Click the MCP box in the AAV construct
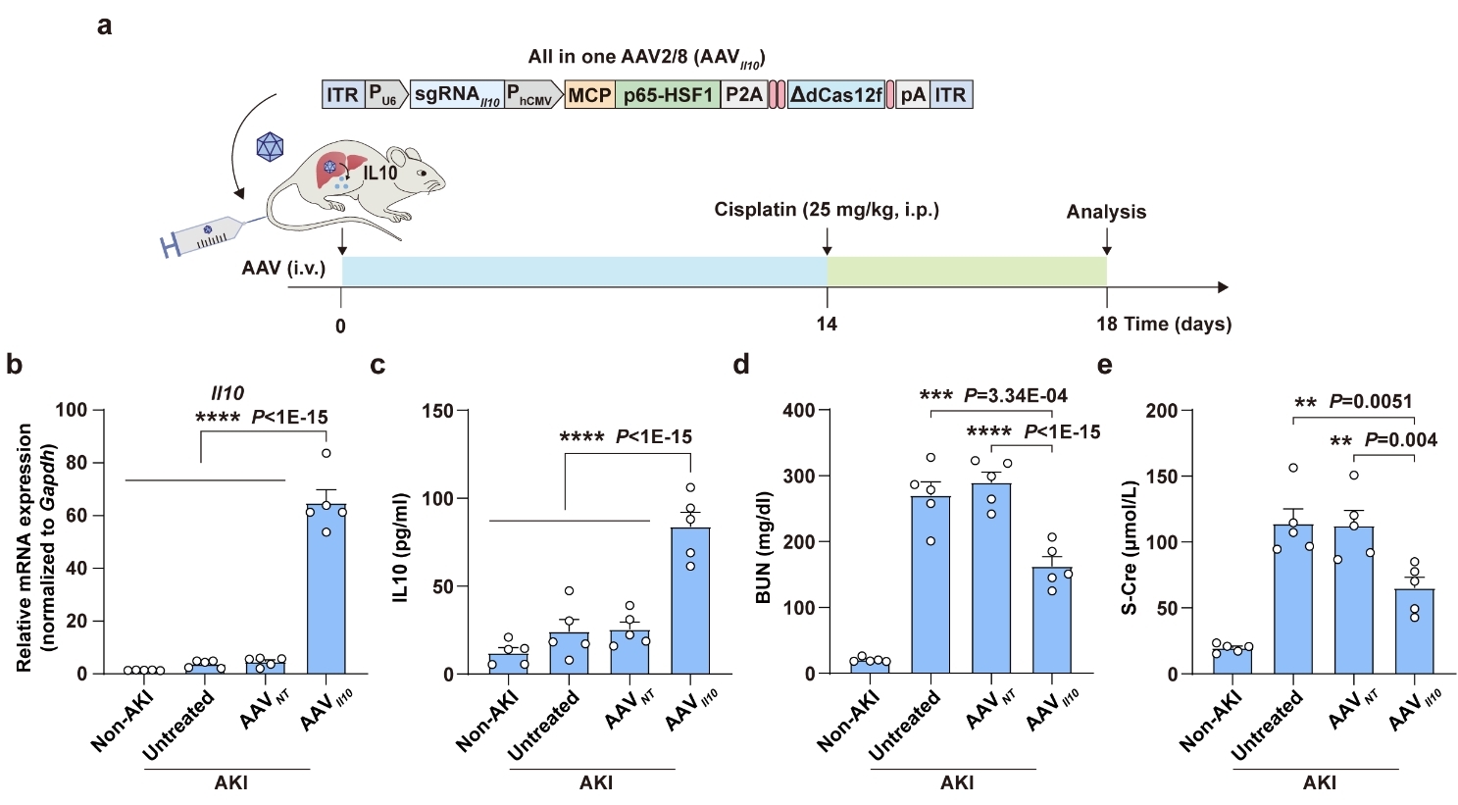coord(590,95)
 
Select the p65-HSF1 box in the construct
coord(668,95)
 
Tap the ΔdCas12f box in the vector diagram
coord(836,95)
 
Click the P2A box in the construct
coord(744,95)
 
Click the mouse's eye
coord(423,173)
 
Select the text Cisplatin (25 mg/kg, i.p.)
coord(827,210)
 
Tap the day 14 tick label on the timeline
coord(828,325)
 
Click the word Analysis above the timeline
coord(1106,212)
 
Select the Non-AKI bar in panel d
coord(870,666)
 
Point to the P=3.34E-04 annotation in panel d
coord(1016,396)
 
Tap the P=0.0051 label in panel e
coord(1371,402)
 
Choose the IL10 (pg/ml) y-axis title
coord(401,541)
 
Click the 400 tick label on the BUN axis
coord(799,411)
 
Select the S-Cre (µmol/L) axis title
coord(1130,541)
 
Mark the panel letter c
coord(377,366)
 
